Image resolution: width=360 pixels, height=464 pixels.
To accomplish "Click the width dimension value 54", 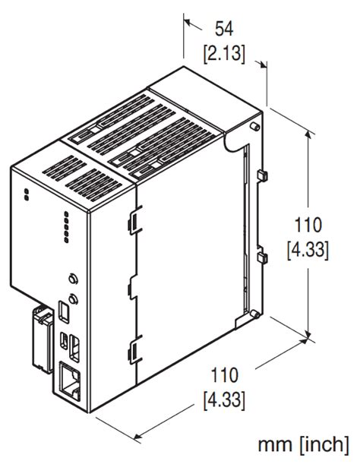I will (223, 29).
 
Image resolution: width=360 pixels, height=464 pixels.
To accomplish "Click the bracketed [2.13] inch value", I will (223, 54).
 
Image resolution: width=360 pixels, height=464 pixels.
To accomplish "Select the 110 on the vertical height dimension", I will (308, 226).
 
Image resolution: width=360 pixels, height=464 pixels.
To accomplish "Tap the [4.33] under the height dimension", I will (308, 251).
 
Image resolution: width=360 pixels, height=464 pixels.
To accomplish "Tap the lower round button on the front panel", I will (71, 297).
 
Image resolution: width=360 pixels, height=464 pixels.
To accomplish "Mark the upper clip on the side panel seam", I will (132, 220).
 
